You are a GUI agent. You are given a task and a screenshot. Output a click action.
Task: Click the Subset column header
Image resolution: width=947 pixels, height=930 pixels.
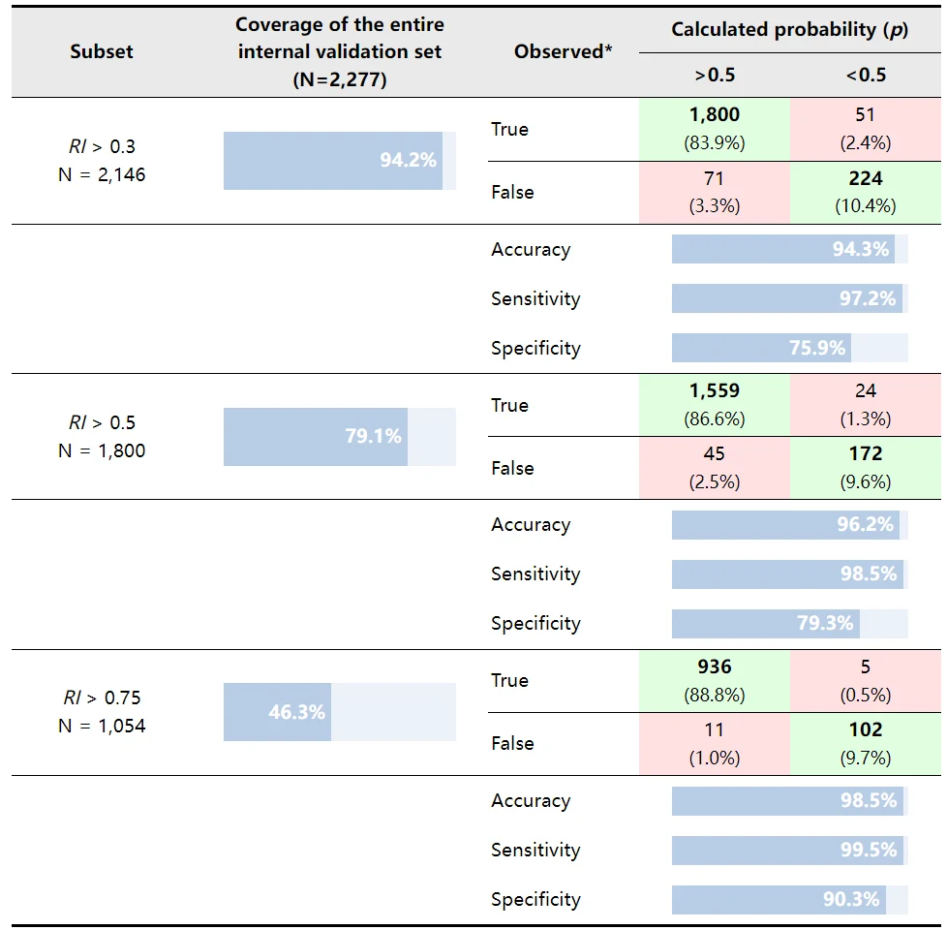[102, 51]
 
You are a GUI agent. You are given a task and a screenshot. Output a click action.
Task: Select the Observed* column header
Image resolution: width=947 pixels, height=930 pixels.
[563, 51]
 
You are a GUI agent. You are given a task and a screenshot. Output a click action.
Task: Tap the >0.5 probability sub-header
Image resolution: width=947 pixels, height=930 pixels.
[715, 75]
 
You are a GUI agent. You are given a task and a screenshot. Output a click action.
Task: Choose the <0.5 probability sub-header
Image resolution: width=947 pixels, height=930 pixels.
[866, 75]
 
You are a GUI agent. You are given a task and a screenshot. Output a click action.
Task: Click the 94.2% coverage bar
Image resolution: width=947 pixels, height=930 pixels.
[333, 161]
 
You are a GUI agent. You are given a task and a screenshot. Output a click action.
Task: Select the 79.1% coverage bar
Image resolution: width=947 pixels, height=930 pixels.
[316, 436]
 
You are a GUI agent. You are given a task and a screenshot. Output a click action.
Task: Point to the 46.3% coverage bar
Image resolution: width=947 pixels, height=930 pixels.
[277, 712]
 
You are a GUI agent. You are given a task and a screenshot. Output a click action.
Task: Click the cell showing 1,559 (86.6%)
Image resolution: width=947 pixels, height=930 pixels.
[715, 405]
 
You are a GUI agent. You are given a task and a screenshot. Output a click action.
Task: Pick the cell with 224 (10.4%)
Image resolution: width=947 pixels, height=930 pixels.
[866, 192]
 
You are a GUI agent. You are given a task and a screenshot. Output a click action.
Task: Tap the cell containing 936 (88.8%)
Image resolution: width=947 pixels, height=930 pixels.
[715, 680]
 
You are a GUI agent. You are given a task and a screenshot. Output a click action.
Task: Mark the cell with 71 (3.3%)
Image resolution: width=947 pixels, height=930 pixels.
[715, 192]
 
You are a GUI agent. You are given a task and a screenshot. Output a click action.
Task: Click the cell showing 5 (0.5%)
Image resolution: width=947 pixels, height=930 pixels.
[866, 680]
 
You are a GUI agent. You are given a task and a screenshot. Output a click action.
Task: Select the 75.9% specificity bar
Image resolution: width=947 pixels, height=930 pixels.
[761, 348]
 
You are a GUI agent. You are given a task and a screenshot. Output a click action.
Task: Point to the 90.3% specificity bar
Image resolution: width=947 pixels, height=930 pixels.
[779, 900]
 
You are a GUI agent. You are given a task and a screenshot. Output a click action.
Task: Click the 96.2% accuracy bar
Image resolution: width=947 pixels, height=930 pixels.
[785, 524]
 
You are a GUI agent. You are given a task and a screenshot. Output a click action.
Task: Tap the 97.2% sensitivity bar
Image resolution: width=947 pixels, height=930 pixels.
[787, 298]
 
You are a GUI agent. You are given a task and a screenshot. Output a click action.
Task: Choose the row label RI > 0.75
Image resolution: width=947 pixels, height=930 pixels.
[102, 697]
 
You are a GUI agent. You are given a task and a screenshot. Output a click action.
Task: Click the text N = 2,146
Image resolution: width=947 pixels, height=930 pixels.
[102, 175]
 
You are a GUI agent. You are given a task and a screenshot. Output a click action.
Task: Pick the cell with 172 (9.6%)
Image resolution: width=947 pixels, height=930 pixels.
[866, 468]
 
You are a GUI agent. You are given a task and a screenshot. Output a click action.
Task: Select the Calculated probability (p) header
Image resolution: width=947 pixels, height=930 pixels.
[790, 30]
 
